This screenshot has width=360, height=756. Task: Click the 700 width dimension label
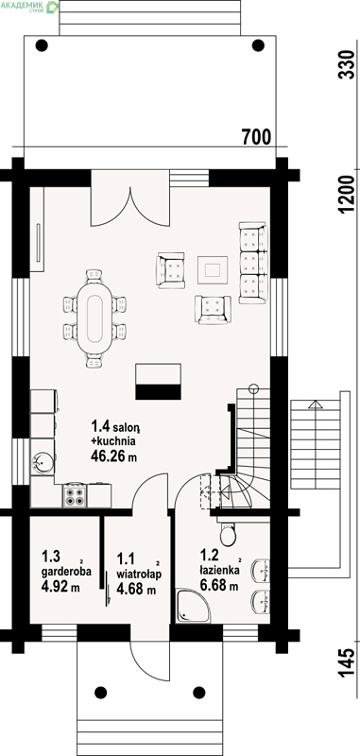[x=256, y=137]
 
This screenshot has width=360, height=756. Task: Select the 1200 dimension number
[x=347, y=194]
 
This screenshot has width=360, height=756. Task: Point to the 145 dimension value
[x=347, y=663]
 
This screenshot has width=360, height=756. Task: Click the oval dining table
[x=94, y=318]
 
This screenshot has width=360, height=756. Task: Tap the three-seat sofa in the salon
[x=253, y=263]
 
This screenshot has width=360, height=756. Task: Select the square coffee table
[x=213, y=269]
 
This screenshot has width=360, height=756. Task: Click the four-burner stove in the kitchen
[x=75, y=495]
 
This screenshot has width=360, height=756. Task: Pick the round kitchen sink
[x=43, y=462]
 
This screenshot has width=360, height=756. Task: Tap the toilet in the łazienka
[x=227, y=532]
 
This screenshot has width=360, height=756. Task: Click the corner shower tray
[x=193, y=606]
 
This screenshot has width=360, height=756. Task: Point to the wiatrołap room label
[x=139, y=575]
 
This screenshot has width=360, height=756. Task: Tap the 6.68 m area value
[x=219, y=586]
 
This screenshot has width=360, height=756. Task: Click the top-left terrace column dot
[x=42, y=45]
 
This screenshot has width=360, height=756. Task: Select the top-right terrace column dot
[x=258, y=45]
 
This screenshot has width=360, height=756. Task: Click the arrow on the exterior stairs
[x=316, y=404]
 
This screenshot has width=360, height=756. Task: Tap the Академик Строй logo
[x=29, y=7]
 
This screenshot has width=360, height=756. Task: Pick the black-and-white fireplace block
[x=158, y=382]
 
